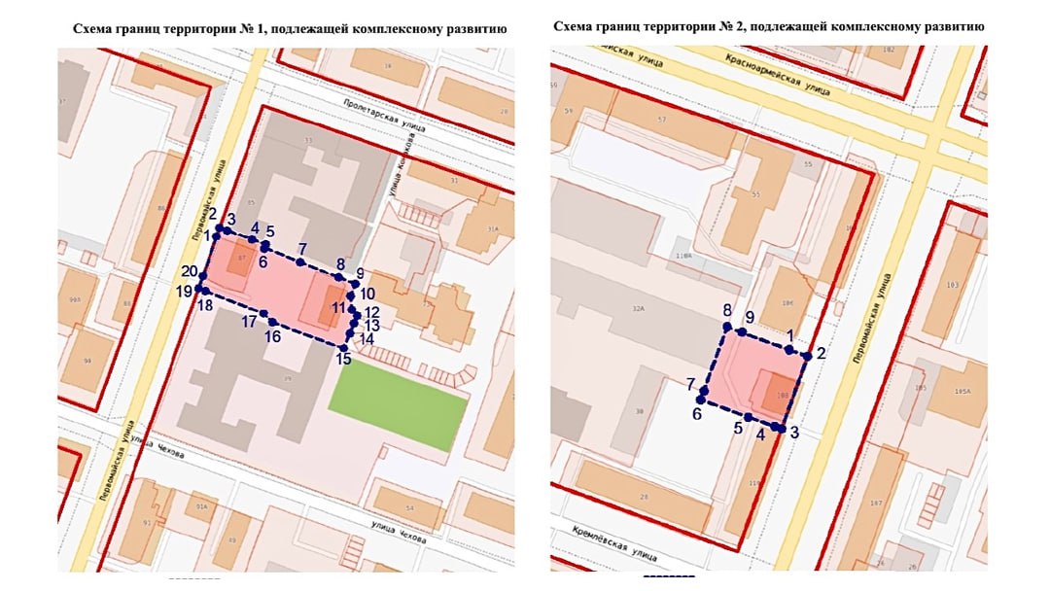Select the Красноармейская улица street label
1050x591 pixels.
pyautogui.click(x=778, y=75)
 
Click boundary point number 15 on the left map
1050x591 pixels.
pyautogui.click(x=344, y=347)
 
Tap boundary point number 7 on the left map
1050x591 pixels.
pyautogui.click(x=301, y=262)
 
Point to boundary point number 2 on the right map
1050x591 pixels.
pyautogui.click(x=806, y=356)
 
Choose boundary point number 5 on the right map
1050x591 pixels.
pyautogui.click(x=747, y=417)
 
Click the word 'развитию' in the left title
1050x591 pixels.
pyautogui.click(x=477, y=29)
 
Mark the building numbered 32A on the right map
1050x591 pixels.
pyautogui.click(x=639, y=308)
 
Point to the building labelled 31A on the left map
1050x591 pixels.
pyautogui.click(x=493, y=229)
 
